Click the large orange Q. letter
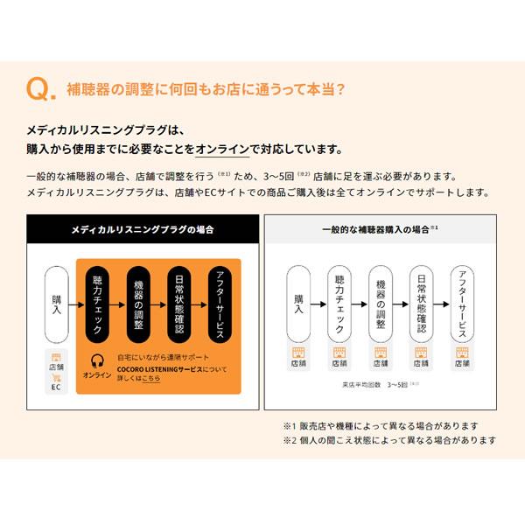[x=41, y=89]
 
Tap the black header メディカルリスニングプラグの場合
[x=143, y=229]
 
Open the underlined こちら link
[x=150, y=381]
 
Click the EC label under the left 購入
[x=57, y=386]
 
